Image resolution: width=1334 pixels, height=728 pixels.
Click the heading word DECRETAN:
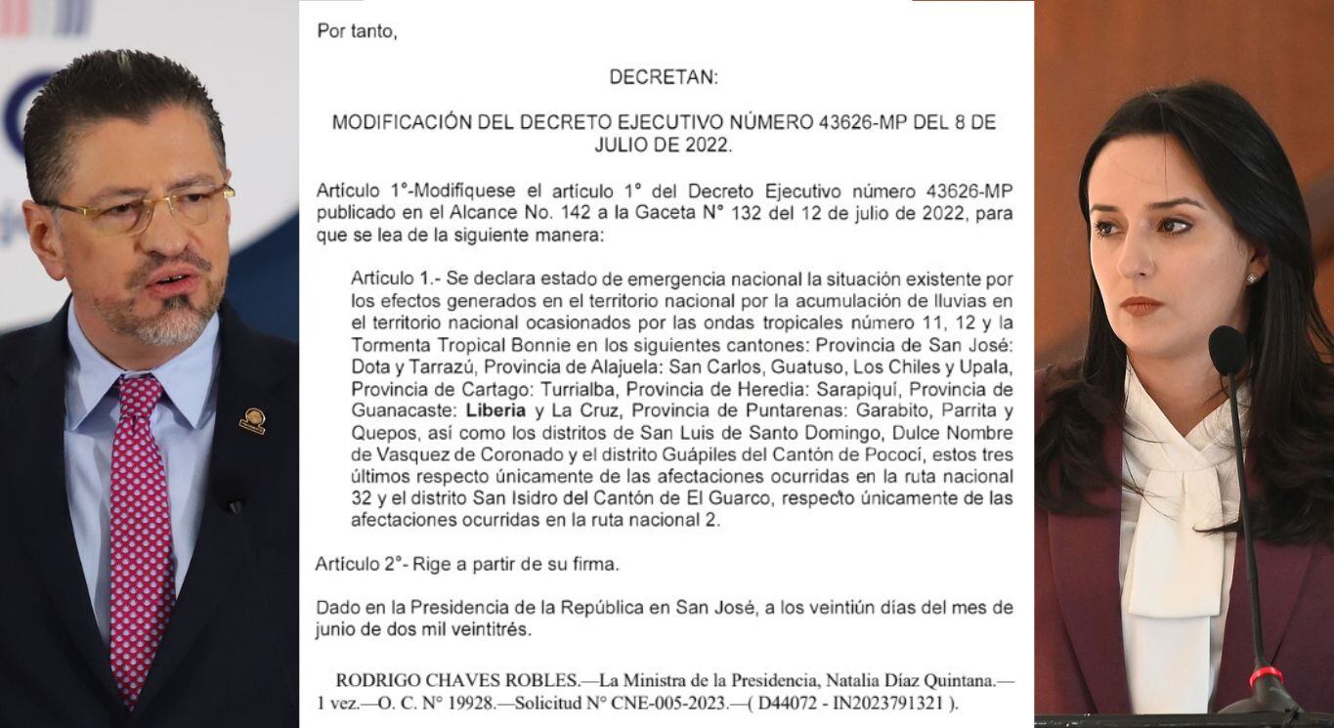[664, 77]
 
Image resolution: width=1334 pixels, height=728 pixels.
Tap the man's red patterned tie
[140, 528]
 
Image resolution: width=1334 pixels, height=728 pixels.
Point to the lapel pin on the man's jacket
[252, 420]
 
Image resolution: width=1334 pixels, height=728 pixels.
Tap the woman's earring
[1251, 278]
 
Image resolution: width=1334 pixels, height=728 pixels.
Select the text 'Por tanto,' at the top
[357, 31]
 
